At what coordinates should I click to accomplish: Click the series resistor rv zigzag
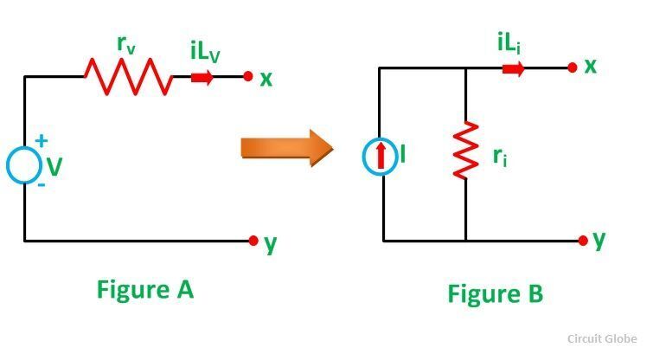coord(128,77)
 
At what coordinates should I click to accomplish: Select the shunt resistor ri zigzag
coord(465,151)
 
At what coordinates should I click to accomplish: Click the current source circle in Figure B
coord(380,156)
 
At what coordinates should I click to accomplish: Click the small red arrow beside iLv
coord(202,77)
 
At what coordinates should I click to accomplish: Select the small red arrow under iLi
coord(513,68)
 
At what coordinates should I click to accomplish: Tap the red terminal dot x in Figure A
coord(248,77)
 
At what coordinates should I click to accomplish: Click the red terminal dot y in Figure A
coord(253,241)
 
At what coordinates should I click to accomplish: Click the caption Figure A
coord(144,290)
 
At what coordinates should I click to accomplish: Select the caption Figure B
coord(495,293)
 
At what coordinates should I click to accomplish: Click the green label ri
coord(498,157)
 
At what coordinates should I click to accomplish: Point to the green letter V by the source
coord(54,165)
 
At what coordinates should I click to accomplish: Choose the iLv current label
coord(205,52)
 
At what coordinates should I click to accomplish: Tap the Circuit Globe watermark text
coord(603,340)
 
